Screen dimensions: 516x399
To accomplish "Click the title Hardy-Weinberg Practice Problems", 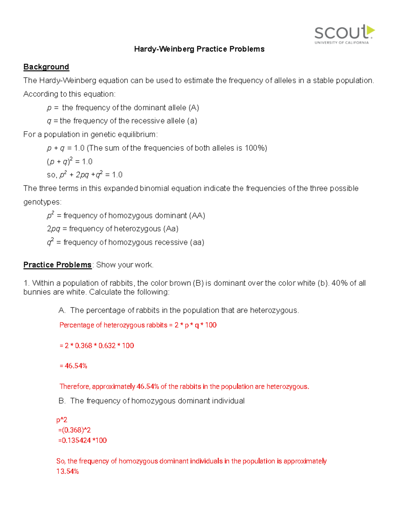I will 199,49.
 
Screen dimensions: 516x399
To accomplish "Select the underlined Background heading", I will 46,67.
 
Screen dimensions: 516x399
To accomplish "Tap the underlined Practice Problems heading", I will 57,265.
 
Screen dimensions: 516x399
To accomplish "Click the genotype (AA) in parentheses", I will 197,216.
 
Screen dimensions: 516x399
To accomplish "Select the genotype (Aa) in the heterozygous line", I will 171,229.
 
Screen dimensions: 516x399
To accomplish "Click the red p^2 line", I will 62,420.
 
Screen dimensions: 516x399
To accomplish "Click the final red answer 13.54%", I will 67,471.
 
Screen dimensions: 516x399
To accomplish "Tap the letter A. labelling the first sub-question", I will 62,310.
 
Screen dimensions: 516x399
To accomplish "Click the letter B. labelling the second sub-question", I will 62,401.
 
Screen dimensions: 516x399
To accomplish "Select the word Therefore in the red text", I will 75,386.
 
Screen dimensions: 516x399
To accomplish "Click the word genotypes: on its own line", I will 42,202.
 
